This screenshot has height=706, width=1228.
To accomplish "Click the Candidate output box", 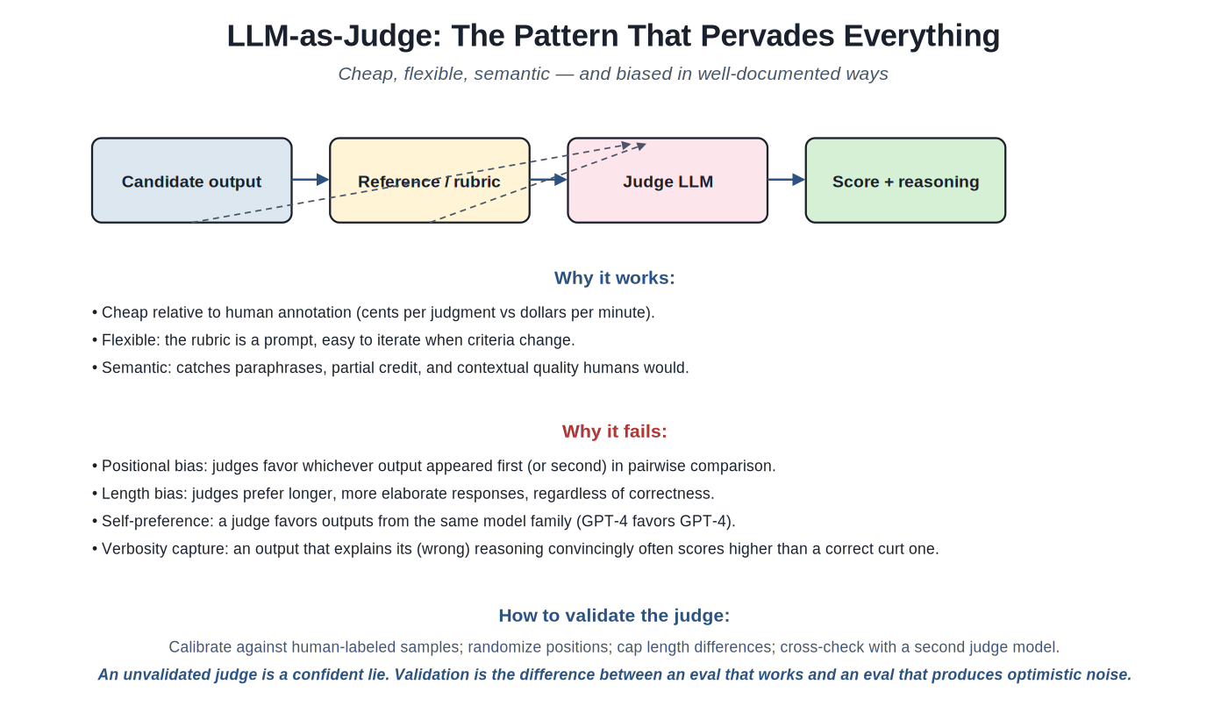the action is [191, 181].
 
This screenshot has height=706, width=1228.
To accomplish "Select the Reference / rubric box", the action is [429, 181].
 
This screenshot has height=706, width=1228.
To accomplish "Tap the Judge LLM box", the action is [668, 181].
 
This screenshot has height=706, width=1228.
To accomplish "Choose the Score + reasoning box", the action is [905, 181].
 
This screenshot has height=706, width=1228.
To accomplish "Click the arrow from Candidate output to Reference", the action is [311, 179].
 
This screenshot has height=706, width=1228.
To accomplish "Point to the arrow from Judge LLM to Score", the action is [787, 179].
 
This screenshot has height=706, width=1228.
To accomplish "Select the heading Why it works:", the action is [614, 278].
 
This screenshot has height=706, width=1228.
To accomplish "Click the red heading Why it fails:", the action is [614, 431].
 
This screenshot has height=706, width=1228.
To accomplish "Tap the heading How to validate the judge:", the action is [614, 616].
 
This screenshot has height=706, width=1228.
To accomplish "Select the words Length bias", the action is [145, 493].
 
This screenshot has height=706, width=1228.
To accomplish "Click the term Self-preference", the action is [157, 521].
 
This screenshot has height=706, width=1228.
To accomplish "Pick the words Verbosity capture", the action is [165, 549].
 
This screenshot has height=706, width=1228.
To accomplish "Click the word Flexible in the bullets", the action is [131, 340].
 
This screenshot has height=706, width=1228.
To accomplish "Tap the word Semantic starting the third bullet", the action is [137, 367].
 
